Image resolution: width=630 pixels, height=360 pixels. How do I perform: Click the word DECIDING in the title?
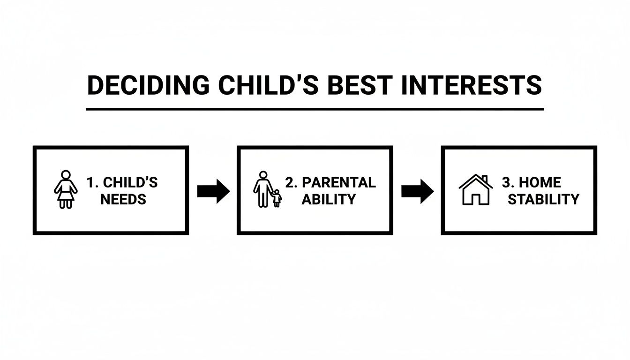(148, 86)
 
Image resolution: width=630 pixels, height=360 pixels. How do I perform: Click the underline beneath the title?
(315, 109)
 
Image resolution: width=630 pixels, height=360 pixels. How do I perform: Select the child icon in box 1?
(66, 189)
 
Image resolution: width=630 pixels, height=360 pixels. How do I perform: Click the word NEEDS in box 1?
(123, 199)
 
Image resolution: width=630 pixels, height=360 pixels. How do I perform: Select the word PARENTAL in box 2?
(338, 182)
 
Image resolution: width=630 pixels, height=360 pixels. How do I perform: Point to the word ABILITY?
(329, 199)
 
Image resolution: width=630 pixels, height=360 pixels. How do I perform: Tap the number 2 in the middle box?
(289, 182)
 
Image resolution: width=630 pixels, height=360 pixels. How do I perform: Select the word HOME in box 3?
(540, 182)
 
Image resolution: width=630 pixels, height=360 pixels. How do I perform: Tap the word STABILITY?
(543, 199)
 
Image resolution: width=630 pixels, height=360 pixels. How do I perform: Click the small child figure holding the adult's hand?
(277, 198)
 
